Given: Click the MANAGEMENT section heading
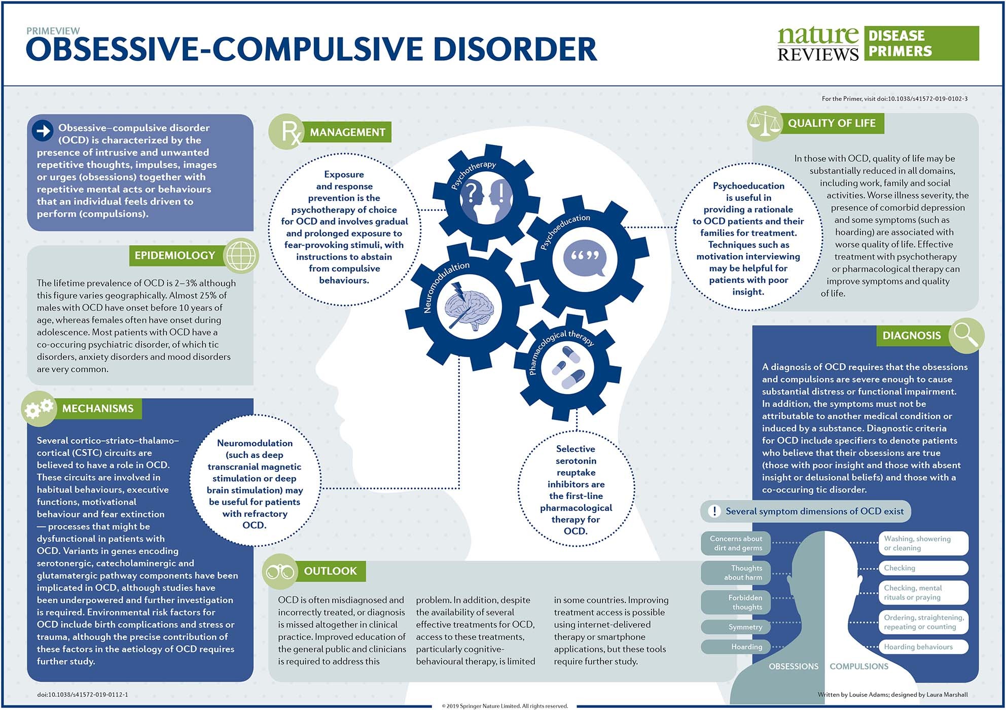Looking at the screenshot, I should click(347, 132).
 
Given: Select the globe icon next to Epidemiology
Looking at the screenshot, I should click(241, 256).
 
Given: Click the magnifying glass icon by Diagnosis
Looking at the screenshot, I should click(965, 335).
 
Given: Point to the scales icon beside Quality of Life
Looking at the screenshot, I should click(765, 123).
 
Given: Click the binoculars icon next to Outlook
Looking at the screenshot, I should click(280, 572).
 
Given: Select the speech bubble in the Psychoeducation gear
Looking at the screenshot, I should click(585, 257).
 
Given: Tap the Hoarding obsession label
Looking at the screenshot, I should click(736, 647).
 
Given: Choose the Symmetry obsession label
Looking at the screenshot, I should click(736, 627).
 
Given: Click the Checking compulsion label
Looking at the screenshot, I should click(923, 568).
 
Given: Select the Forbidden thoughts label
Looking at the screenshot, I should click(736, 602).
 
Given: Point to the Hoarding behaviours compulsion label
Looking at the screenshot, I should click(923, 647).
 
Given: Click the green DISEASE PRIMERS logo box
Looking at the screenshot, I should click(921, 44).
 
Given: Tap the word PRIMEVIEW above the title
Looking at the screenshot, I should click(53, 31).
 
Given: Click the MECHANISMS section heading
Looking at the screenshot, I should click(97, 409).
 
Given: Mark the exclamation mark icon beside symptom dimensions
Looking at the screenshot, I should click(714, 511).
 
